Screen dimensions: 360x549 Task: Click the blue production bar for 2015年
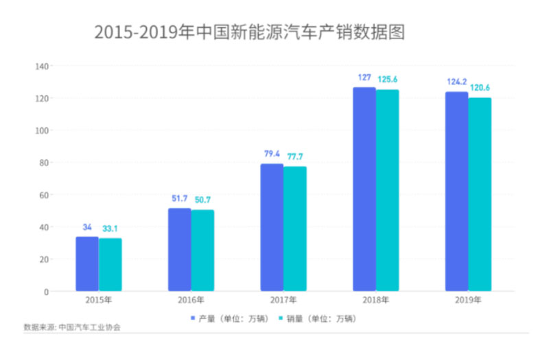coord(87,264)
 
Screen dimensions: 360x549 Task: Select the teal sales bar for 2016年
coord(202,250)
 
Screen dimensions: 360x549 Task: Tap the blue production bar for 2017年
coord(272,228)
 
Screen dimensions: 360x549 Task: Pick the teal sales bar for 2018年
coord(387,191)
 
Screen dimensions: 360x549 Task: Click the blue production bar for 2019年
coord(456,192)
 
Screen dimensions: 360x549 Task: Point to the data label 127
coord(364,77)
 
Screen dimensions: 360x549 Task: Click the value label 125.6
coord(387,80)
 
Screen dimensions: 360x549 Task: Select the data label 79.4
coord(272,154)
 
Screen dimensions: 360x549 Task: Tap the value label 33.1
coord(110,228)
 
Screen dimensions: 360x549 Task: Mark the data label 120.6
coord(480,88)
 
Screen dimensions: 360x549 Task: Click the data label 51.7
coord(180,199)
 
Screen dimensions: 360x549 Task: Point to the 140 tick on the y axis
coord(42,66)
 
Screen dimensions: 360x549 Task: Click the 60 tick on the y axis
coord(44,195)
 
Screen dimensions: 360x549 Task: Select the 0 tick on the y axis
coord(46,291)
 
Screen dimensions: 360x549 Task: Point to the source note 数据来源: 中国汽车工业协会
coord(71,328)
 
